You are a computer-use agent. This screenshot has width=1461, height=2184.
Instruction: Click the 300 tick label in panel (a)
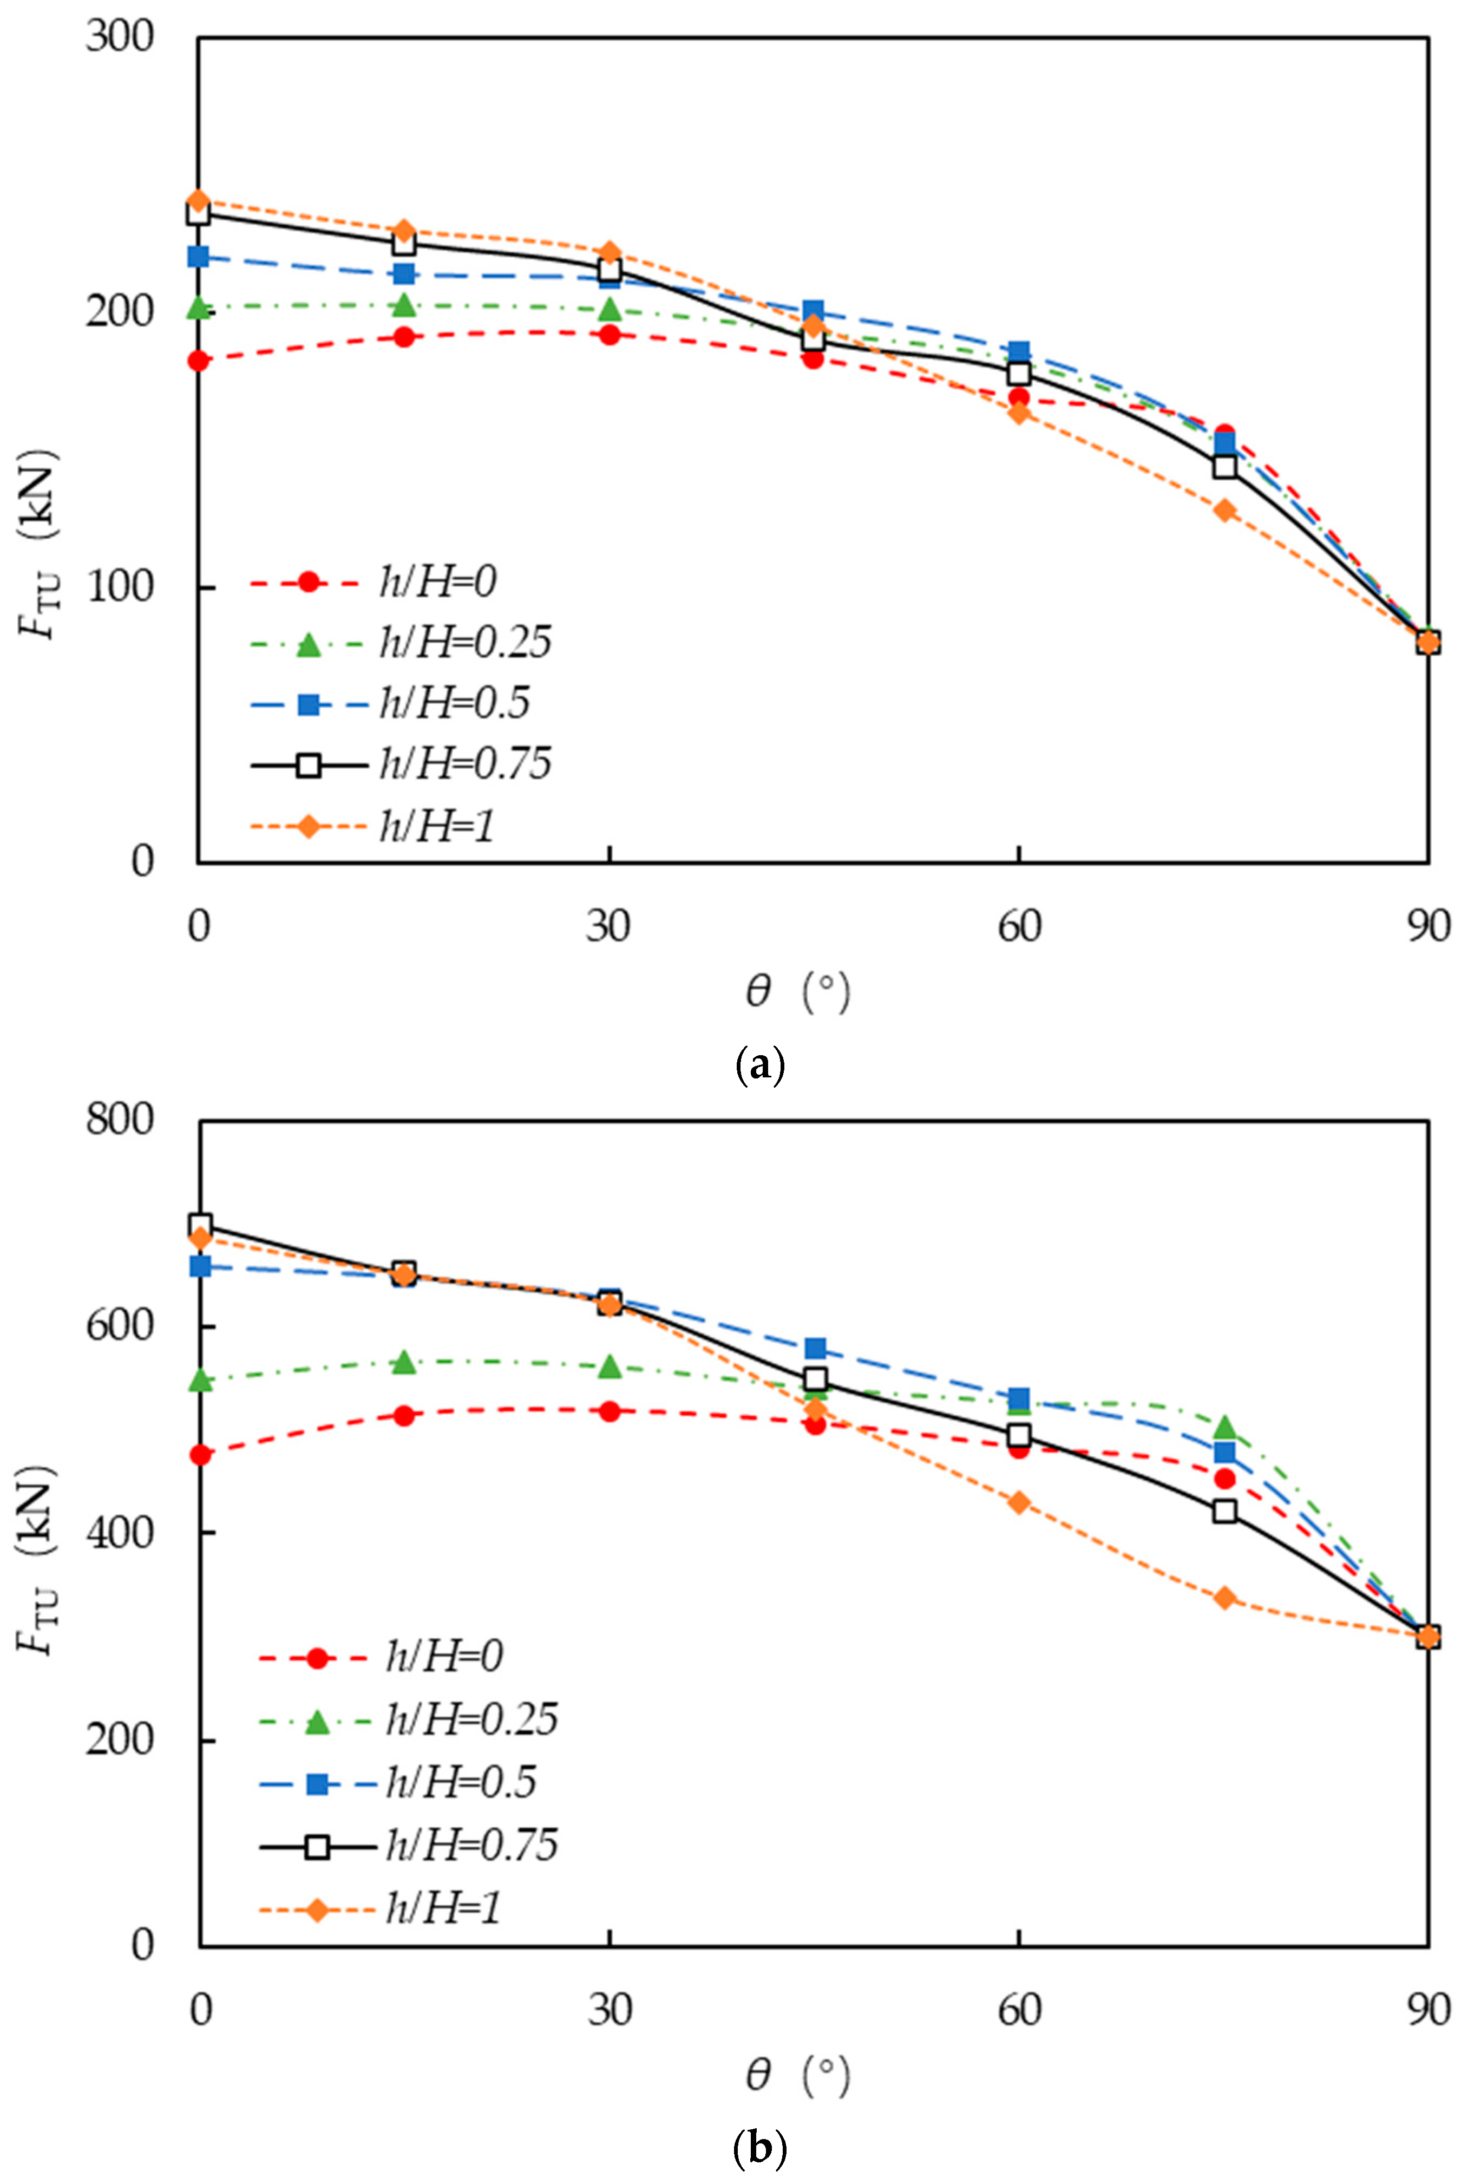tap(119, 37)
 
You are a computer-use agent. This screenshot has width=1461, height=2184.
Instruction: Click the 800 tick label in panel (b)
tap(119, 1119)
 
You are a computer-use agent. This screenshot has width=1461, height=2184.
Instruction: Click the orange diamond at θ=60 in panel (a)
tap(1018, 413)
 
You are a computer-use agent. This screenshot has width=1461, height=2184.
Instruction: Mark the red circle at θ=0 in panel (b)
tap(200, 1454)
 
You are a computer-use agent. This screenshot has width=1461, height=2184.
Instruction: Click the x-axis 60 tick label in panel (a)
tap(1018, 927)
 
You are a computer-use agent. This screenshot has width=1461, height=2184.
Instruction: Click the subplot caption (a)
tap(761, 1064)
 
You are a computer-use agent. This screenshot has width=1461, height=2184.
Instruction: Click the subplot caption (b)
tap(761, 2149)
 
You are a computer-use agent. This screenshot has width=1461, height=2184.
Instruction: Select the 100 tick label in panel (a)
tap(119, 587)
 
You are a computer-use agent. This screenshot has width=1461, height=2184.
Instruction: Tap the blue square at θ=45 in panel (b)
tap(814, 1348)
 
